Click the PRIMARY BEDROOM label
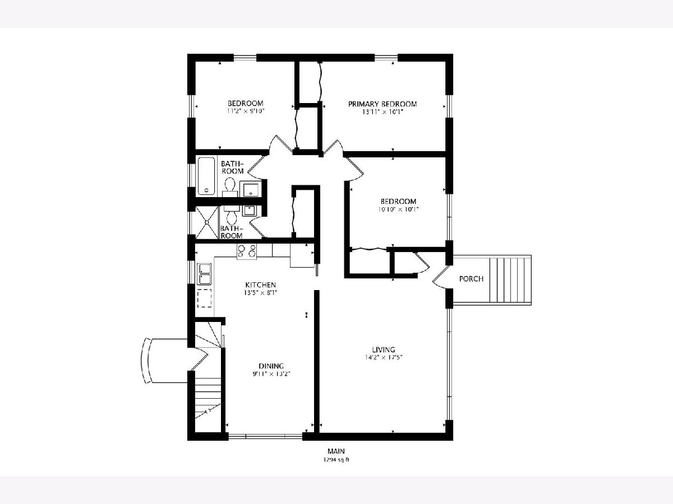382,104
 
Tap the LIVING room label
383,349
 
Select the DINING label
271,366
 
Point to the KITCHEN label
261,285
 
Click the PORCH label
471,279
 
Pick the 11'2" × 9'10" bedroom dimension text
245,111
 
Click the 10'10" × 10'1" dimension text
398,209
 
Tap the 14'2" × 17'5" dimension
383,357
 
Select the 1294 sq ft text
336,460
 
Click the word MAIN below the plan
336,451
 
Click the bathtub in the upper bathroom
206,176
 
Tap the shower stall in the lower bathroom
207,222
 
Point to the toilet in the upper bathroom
230,187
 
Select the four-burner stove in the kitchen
247,251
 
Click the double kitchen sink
205,274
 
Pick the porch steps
510,280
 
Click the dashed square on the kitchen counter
205,298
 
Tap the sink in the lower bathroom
249,211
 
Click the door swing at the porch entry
441,277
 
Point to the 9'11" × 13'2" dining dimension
271,374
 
